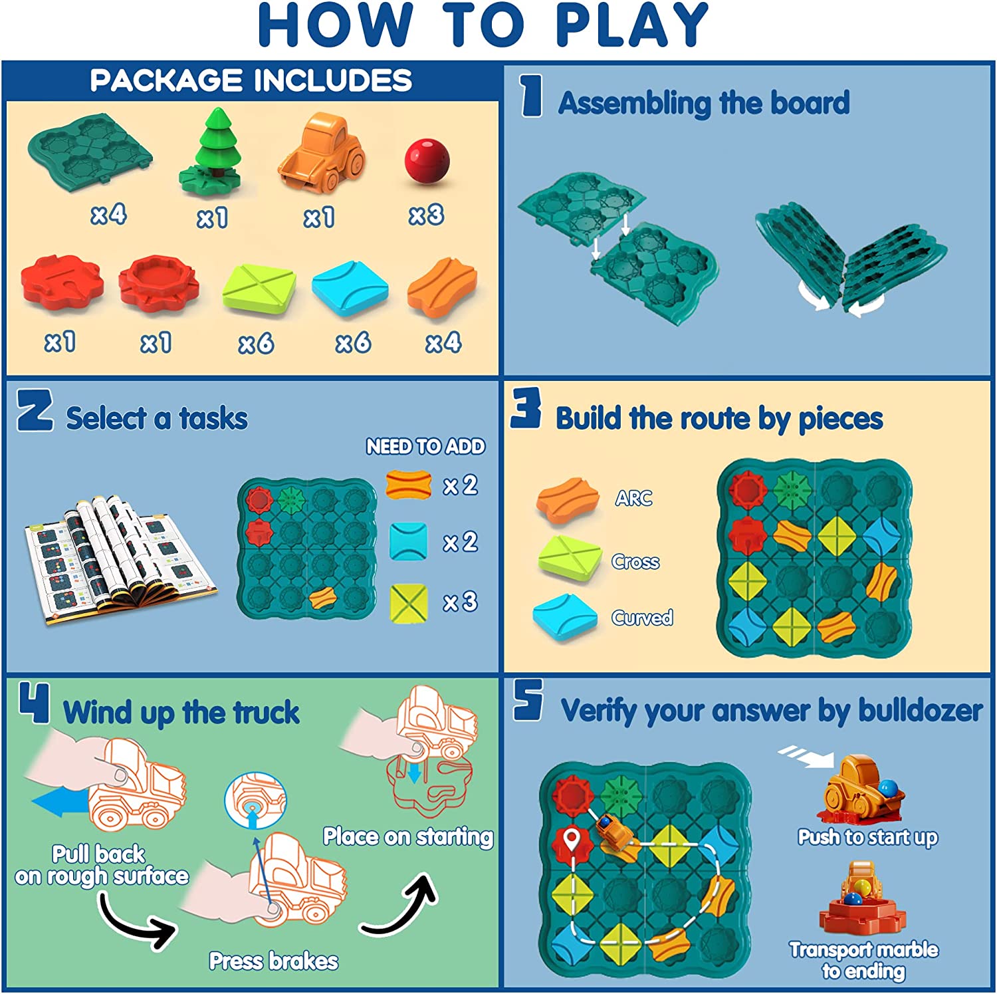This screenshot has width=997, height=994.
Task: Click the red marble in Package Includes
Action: click(x=427, y=162)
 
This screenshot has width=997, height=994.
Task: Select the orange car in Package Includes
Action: click(x=322, y=154)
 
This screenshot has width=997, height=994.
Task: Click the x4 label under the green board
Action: click(x=108, y=215)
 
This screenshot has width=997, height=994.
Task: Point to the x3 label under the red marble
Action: click(x=426, y=215)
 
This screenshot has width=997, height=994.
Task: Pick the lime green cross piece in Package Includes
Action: click(x=259, y=288)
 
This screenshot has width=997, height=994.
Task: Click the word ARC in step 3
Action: click(x=633, y=498)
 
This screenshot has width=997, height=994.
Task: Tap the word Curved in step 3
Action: click(x=642, y=618)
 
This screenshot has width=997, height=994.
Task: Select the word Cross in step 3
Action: click(x=635, y=562)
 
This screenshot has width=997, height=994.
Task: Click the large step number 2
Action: click(x=35, y=410)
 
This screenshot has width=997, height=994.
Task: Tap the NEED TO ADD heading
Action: click(x=425, y=446)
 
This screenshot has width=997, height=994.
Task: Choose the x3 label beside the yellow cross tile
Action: click(x=460, y=602)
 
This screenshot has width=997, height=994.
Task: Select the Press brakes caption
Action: click(x=273, y=961)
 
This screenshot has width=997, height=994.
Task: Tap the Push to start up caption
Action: click(x=867, y=836)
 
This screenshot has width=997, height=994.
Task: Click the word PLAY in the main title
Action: click(x=631, y=25)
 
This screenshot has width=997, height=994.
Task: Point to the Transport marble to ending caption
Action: click(x=863, y=960)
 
